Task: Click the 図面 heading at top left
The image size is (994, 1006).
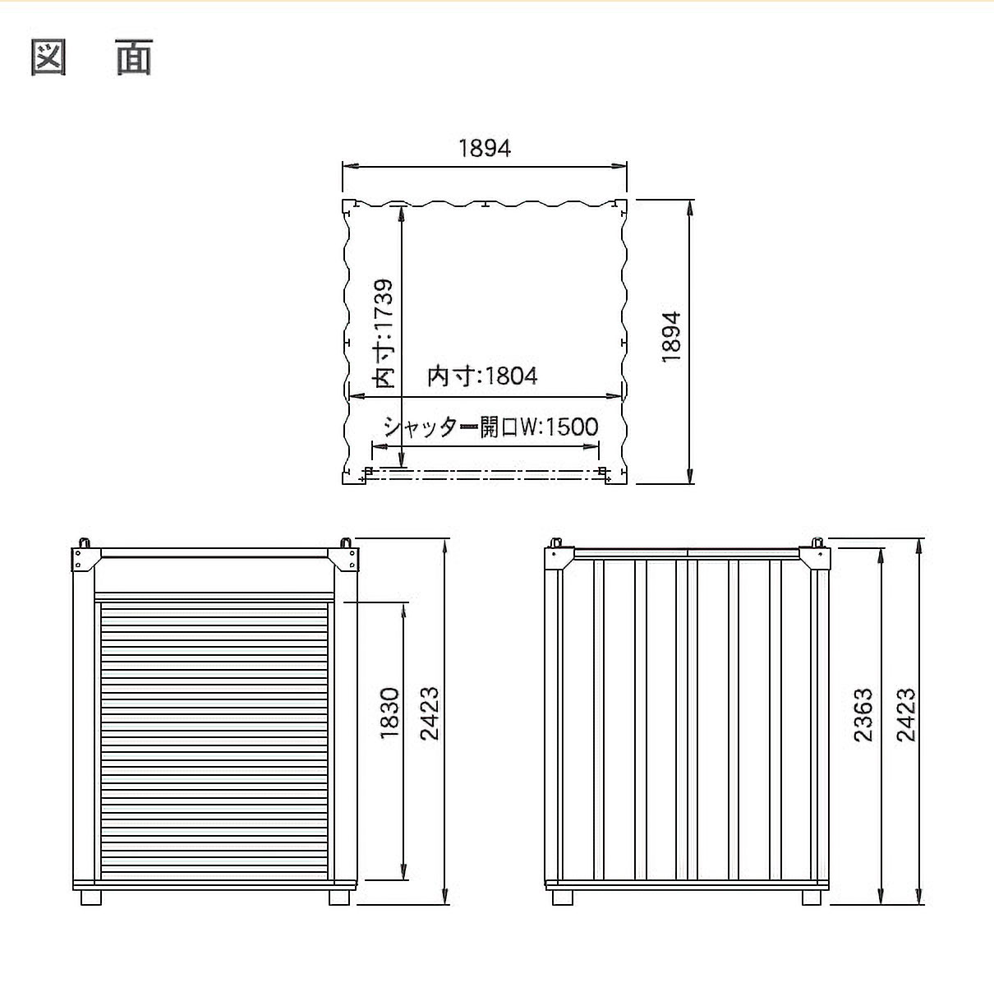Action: [x=92, y=58]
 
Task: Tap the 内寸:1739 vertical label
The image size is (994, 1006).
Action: [x=383, y=335]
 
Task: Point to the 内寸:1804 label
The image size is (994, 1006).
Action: [x=482, y=376]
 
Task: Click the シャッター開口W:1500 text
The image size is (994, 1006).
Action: [x=490, y=427]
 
